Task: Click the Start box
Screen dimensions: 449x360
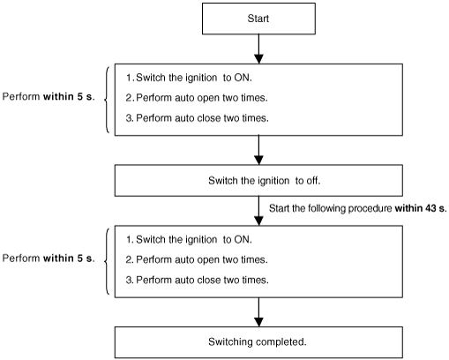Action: tap(258, 19)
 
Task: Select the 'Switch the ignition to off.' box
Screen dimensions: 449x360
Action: tap(258, 180)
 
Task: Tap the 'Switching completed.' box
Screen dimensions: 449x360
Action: tap(258, 342)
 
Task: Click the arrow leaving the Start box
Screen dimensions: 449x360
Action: tap(258, 49)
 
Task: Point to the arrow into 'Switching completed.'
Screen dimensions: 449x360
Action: tap(258, 312)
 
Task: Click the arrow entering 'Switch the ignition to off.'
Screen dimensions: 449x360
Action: tap(258, 150)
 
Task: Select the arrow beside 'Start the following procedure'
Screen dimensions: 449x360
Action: tap(258, 211)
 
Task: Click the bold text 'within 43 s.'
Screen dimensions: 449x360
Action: tap(421, 208)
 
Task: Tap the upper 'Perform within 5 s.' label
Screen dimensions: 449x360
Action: tap(49, 96)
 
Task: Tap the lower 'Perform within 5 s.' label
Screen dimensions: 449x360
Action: tap(49, 259)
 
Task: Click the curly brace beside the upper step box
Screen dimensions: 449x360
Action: tap(106, 100)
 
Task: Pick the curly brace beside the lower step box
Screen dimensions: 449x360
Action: tap(106, 261)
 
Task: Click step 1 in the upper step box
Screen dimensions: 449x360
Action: tap(189, 78)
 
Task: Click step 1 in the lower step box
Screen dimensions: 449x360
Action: tap(189, 239)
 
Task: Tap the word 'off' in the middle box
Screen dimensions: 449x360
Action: tap(312, 180)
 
